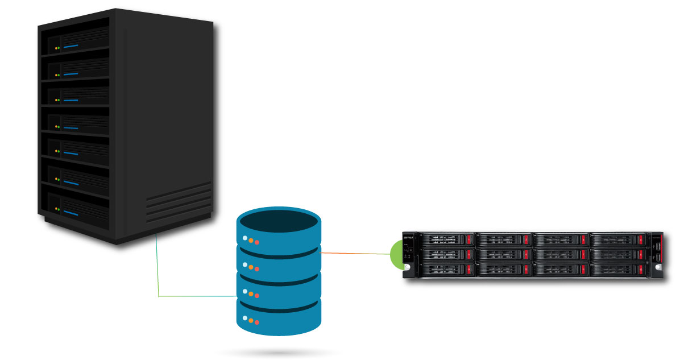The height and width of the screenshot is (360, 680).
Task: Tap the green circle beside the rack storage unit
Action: [x=396, y=254]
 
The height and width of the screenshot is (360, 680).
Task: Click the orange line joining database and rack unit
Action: [x=355, y=253]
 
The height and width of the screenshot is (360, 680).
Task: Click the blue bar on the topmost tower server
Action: [x=71, y=45]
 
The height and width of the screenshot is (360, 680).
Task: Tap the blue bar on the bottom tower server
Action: [x=71, y=213]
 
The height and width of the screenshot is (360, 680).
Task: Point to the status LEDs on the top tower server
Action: [x=57, y=48]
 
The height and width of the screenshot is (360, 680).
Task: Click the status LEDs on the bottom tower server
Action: [x=57, y=209]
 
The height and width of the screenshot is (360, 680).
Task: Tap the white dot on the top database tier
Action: [x=245, y=238]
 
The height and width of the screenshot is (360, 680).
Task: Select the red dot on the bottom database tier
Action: [x=257, y=321]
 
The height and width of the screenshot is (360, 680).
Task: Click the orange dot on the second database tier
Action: [x=251, y=267]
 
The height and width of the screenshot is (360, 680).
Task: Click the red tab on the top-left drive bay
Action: [x=468, y=239]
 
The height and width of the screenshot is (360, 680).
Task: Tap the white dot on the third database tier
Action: [x=245, y=292]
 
